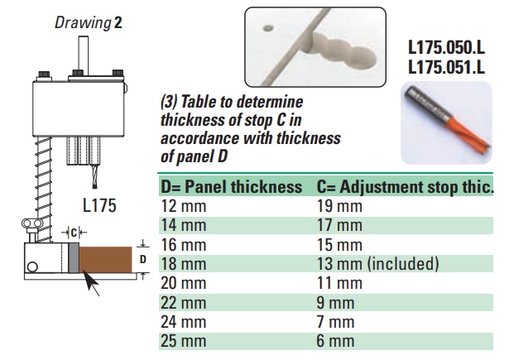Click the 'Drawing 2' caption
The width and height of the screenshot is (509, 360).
point(89,22)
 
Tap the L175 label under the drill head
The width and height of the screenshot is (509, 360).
point(99,205)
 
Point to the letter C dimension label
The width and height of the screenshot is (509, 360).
point(74,233)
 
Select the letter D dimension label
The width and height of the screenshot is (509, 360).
point(142,259)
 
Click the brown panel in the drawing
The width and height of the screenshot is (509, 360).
point(106,259)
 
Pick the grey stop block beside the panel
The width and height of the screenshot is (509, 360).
point(74,258)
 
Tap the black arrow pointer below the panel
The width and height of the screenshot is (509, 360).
point(91,283)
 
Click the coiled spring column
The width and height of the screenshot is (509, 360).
point(43,190)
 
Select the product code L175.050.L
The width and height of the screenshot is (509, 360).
point(446,48)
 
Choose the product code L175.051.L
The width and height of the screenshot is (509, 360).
point(446,68)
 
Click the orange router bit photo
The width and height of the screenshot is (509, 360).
point(447,122)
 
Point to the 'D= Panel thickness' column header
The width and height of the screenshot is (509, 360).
point(232,187)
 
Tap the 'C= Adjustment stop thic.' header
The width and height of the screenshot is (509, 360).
point(405,187)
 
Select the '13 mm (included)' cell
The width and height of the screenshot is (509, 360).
point(378,264)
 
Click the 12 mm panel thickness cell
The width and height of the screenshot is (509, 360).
point(184,206)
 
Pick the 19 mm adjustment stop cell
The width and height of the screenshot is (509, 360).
point(339,206)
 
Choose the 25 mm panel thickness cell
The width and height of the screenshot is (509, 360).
point(184,341)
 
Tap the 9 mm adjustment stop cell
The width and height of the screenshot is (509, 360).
point(335,303)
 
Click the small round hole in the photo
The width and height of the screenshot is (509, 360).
point(268,28)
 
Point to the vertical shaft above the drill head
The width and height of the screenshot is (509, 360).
point(83,55)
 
